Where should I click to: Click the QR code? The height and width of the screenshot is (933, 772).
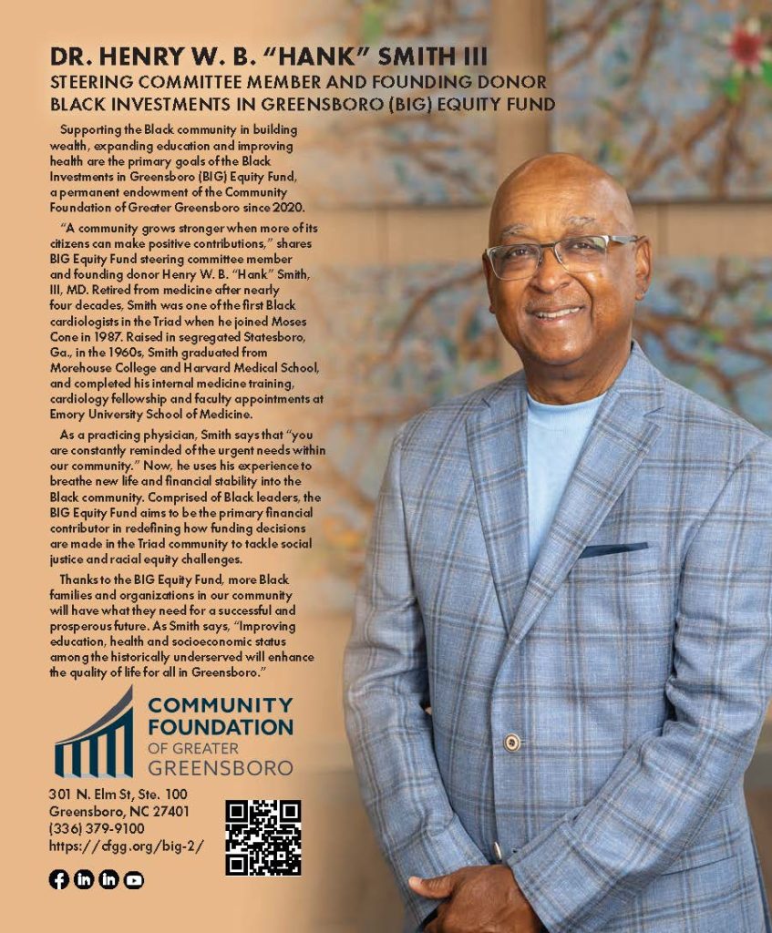coord(262,837)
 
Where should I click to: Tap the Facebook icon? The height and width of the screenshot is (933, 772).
coord(58,879)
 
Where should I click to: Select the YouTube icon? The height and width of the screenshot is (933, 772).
coord(134,879)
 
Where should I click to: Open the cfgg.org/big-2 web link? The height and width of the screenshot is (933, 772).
coord(126,846)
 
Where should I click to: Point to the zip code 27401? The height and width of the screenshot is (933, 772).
coord(168,811)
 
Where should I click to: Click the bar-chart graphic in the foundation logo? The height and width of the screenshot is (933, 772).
coord(94,736)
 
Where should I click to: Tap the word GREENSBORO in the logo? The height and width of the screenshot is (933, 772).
coord(220,766)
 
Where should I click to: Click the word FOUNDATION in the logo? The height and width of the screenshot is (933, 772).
coord(220,726)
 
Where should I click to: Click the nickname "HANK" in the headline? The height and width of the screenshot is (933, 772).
coord(315,57)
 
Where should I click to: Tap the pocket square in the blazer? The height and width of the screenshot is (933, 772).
coord(613,550)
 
